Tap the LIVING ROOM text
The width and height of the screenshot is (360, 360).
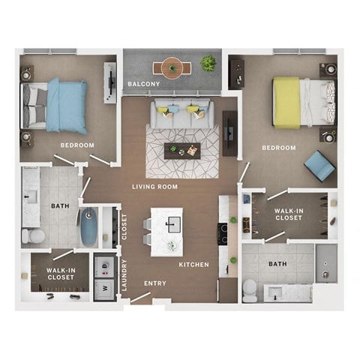point(154,187)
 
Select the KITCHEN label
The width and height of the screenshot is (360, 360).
point(193,265)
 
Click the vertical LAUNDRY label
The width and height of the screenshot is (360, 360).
point(125,274)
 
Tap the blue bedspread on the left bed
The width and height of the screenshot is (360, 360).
point(67,105)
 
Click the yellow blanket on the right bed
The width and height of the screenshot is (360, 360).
point(286,103)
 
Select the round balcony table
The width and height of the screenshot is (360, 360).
point(173,68)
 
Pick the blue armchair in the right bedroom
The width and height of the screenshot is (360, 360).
point(319,165)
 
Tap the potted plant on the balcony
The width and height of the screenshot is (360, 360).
point(208,64)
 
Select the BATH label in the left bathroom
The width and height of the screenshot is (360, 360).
point(60,205)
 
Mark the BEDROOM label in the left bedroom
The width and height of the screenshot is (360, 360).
point(78,145)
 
